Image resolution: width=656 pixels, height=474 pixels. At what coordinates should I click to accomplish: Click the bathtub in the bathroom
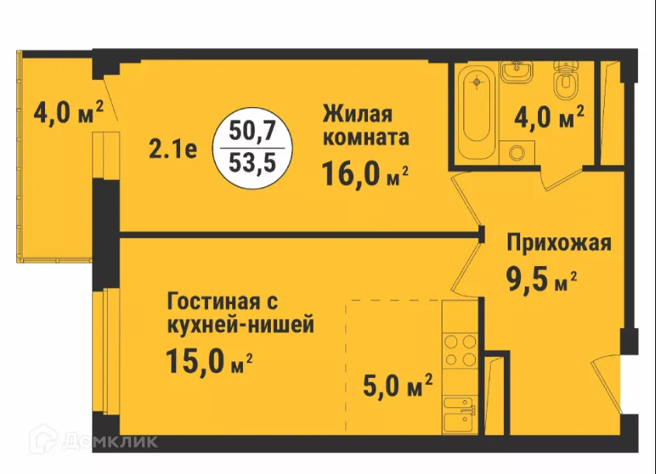tap(473, 109)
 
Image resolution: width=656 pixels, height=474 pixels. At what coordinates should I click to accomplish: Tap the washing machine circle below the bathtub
tap(513, 152)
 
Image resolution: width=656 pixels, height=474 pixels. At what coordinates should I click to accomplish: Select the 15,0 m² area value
tap(210, 361)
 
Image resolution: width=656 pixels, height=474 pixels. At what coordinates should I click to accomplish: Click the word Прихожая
tap(559, 243)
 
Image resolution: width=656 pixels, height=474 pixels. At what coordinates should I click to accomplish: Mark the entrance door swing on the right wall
tap(609, 384)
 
